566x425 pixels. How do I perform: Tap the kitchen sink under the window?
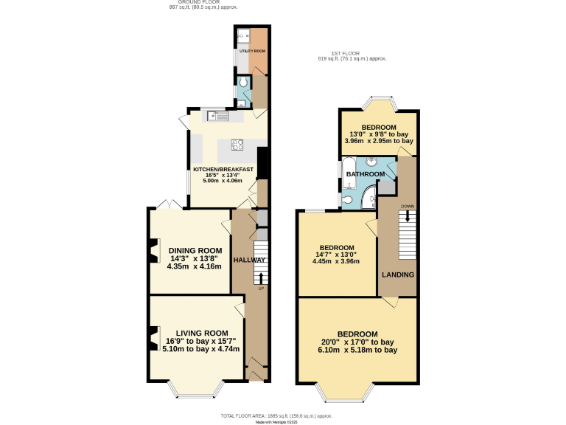219,115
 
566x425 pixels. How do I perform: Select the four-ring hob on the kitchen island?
238,144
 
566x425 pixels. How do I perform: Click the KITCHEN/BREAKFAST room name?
223,169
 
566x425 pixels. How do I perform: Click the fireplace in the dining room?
153,252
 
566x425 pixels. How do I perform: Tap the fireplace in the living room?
153,338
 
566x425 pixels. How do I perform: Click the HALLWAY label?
249,260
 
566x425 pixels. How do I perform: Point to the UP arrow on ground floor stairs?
260,277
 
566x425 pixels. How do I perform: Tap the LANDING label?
397,274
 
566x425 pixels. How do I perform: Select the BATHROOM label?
366,174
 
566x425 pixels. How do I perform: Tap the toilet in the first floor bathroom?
346,198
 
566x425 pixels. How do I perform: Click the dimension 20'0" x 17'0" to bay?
357,342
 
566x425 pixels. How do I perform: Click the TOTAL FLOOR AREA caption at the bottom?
283,416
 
